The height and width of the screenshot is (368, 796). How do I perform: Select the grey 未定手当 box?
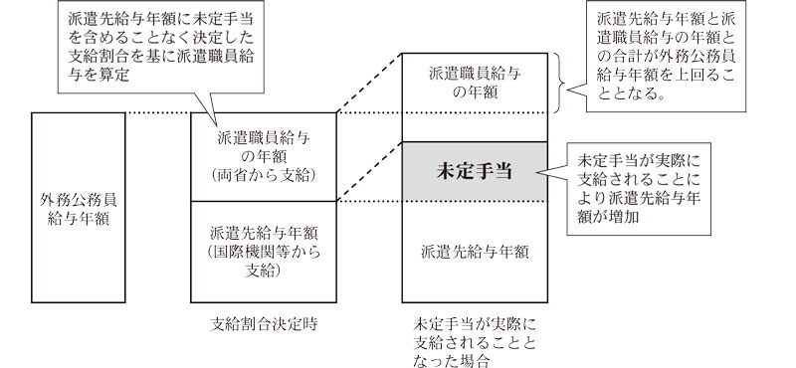(474, 171)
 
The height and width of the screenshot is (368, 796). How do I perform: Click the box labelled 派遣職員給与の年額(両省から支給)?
(264, 156)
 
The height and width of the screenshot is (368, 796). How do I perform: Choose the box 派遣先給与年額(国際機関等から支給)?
(264, 250)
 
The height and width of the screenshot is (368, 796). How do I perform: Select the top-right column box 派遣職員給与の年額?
(474, 81)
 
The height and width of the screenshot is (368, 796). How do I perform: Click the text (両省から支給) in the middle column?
(264, 176)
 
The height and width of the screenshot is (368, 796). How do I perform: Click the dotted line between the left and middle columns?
(160, 110)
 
